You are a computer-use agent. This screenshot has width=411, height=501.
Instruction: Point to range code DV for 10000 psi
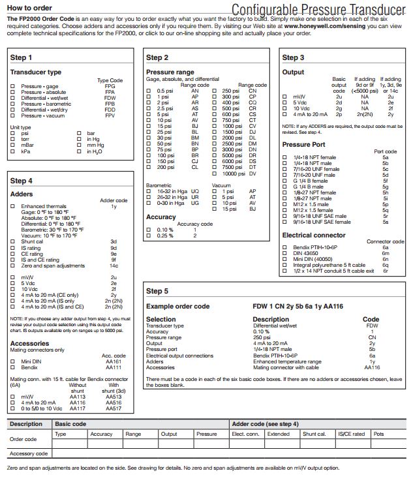click(252, 174)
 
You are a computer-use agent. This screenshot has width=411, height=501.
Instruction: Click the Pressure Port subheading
click(303, 144)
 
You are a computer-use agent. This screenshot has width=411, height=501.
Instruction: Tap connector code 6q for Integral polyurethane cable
click(386, 265)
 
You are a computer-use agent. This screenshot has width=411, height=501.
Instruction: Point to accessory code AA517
click(114, 408)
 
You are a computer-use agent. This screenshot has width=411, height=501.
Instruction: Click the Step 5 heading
click(157, 291)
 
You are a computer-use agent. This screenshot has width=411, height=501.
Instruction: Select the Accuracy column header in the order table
click(101, 434)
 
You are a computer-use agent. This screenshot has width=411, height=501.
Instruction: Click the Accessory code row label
click(29, 453)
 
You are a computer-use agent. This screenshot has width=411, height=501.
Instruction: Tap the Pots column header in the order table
click(378, 434)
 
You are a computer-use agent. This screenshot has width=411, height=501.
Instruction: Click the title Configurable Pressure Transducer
click(318, 9)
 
